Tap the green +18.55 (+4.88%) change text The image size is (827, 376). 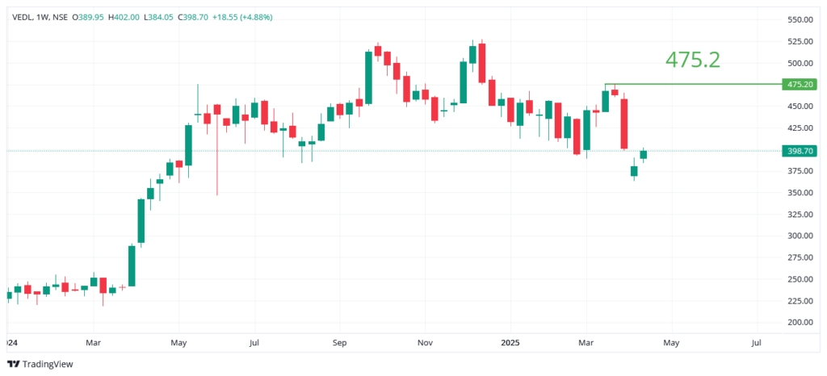(x=242, y=17)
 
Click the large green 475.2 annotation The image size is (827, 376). (x=692, y=60)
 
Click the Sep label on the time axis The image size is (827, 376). (x=340, y=343)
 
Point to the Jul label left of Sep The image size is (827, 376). (x=254, y=343)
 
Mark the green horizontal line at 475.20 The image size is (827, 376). (x=695, y=84)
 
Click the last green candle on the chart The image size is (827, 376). (x=644, y=154)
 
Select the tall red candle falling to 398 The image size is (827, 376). (x=624, y=123)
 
